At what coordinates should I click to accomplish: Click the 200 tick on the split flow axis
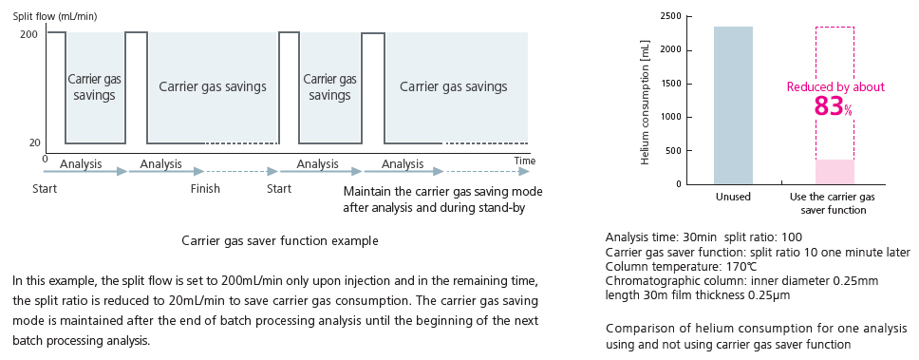28,34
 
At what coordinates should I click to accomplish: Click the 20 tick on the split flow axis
33,142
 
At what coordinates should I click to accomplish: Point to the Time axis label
524,161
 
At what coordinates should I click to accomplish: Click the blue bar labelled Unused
733,104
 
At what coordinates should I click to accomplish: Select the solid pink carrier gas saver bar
835,172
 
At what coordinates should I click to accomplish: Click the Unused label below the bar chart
733,198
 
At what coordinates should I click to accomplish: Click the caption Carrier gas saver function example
280,240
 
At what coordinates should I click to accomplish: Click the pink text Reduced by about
835,86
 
